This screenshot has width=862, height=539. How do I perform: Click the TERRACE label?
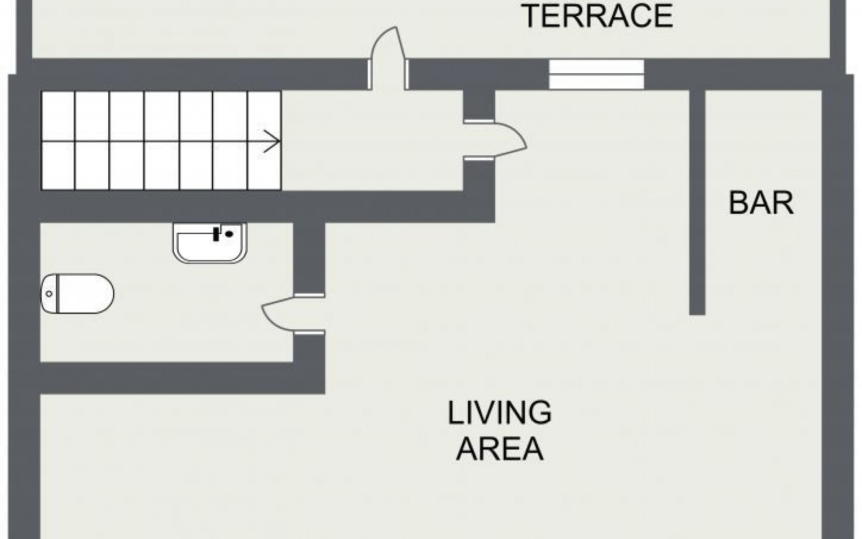pyautogui.click(x=598, y=17)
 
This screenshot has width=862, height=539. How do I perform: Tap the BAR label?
pyautogui.click(x=761, y=203)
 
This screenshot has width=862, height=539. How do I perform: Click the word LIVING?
pyautogui.click(x=500, y=413)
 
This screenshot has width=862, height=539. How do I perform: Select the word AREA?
pyautogui.click(x=500, y=448)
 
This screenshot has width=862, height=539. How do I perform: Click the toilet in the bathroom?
pyautogui.click(x=77, y=294)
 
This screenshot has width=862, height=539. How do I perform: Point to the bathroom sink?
pyautogui.click(x=210, y=243)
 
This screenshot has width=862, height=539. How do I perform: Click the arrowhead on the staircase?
pyautogui.click(x=273, y=141)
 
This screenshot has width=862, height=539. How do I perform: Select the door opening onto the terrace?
pyautogui.click(x=388, y=58)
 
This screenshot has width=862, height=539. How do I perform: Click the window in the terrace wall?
pyautogui.click(x=597, y=74)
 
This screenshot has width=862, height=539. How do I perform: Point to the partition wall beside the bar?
pyautogui.click(x=697, y=202)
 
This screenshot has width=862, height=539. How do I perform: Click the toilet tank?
pyautogui.click(x=50, y=294)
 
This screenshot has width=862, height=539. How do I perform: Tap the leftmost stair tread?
pyautogui.click(x=58, y=141)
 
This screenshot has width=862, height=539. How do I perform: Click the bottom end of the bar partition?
pyautogui.click(x=697, y=314)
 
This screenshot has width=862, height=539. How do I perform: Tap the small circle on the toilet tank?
pyautogui.click(x=49, y=294)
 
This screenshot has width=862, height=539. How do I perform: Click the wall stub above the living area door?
pyautogui.click(x=479, y=105)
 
